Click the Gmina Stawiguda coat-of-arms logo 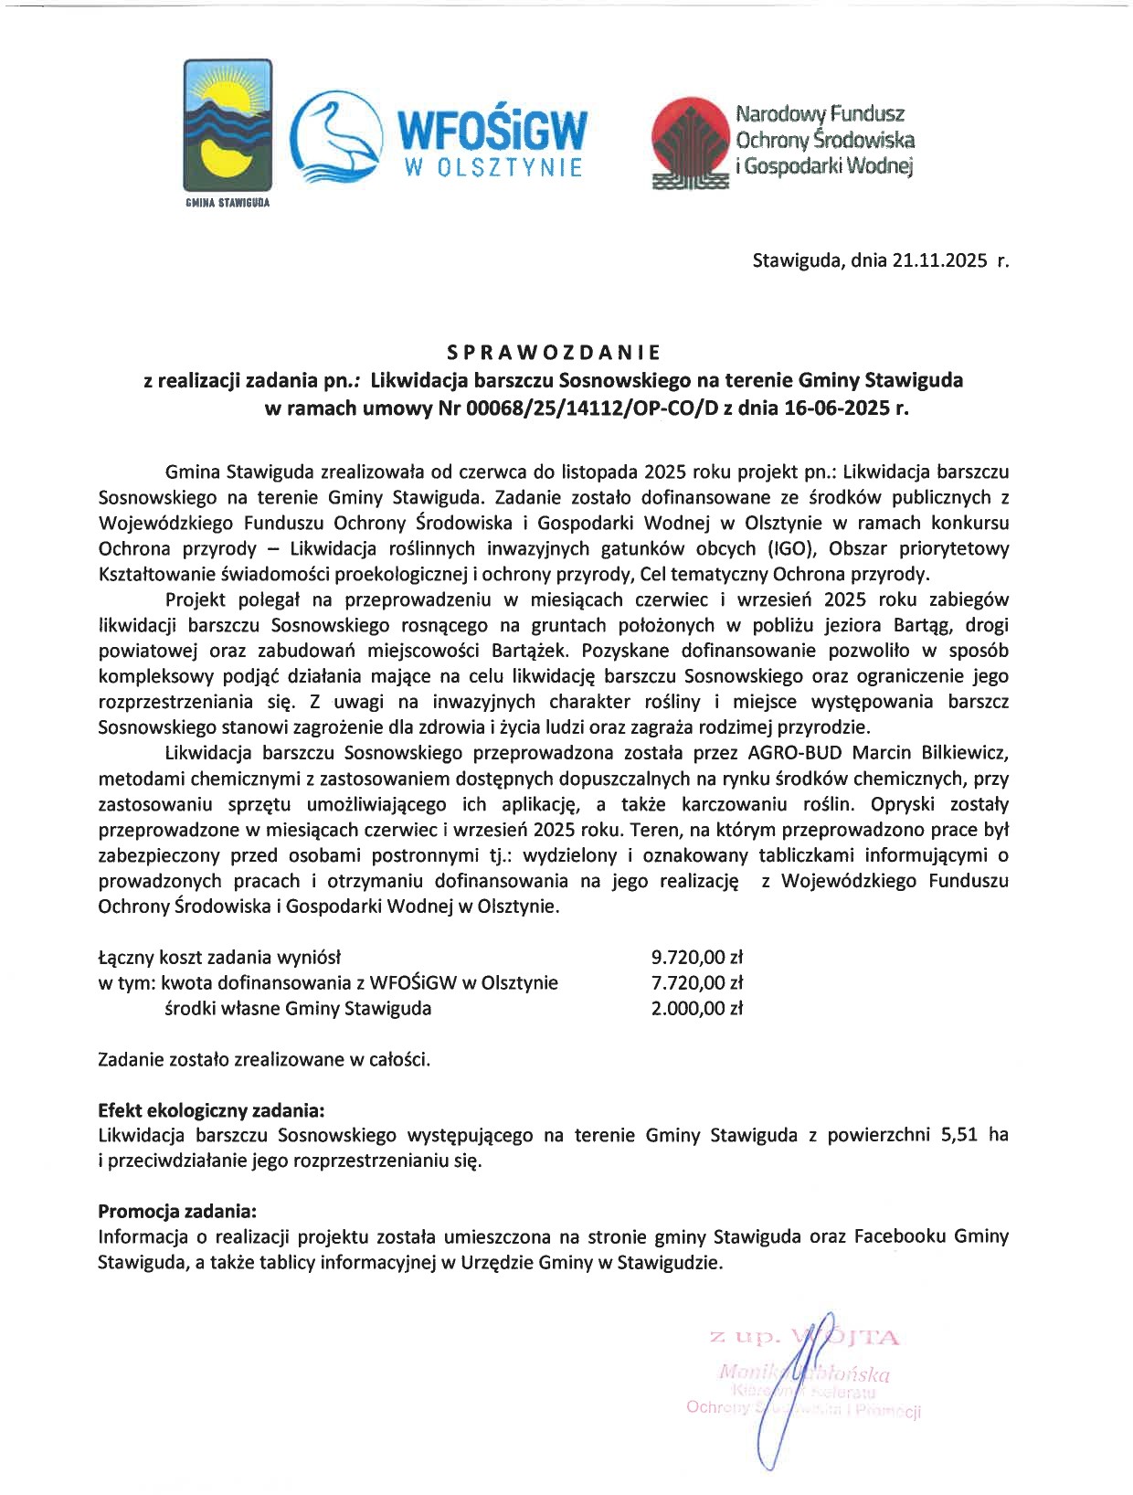[x=228, y=124]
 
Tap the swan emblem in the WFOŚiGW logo [x=335, y=135]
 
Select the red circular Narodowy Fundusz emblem [x=690, y=141]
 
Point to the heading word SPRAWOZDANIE [x=553, y=352]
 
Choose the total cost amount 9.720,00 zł [x=696, y=958]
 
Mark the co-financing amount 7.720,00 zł [x=696, y=983]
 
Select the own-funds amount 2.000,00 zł [x=696, y=1009]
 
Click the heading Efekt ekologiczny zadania [x=211, y=1110]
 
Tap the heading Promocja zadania [x=177, y=1212]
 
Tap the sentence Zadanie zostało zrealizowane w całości [x=264, y=1060]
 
